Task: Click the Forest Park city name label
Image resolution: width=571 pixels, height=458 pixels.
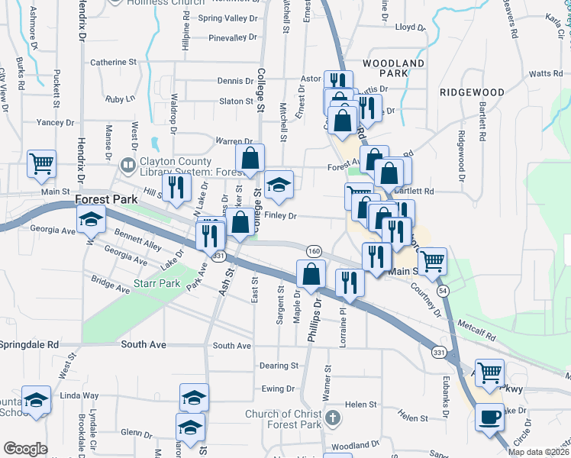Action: [108, 200]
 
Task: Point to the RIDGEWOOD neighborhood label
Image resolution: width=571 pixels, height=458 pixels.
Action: [472, 92]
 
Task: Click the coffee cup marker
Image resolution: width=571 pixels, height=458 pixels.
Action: [490, 418]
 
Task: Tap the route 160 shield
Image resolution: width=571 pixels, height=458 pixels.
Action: [314, 250]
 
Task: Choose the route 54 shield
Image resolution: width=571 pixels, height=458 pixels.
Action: [443, 292]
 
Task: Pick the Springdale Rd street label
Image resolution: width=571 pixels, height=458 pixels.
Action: [30, 345]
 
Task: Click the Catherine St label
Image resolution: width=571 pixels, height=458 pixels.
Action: [113, 62]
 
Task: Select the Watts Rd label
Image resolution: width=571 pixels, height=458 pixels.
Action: [545, 74]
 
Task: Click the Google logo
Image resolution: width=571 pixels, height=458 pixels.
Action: [25, 449]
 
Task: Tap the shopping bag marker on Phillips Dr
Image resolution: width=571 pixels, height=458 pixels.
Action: [311, 275]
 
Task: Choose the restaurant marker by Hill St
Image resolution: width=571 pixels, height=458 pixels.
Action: [176, 188]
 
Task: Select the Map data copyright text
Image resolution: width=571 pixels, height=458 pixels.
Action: [537, 451]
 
